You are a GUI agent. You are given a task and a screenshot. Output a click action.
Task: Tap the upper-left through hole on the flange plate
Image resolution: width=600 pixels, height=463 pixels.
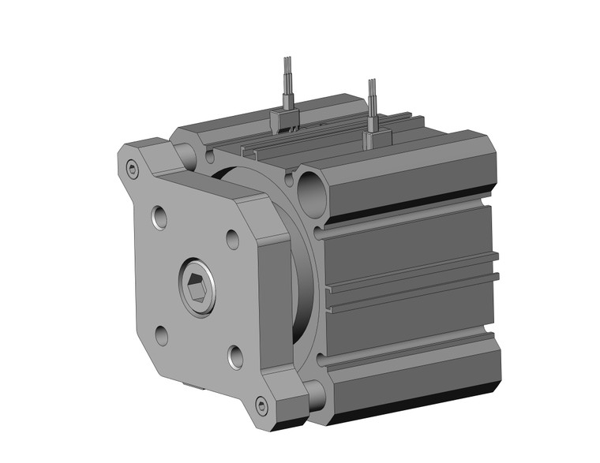160,215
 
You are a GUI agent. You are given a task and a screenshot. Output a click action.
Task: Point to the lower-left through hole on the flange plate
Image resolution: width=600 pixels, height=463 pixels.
162,334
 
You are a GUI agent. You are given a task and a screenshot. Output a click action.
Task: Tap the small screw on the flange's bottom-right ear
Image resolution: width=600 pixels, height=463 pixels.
262,406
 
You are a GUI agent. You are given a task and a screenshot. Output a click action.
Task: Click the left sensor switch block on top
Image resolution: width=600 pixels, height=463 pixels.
286,120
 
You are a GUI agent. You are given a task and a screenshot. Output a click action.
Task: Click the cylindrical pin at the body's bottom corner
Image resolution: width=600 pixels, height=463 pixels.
315,393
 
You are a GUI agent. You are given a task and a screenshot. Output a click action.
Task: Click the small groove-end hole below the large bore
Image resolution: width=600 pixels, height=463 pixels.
319,234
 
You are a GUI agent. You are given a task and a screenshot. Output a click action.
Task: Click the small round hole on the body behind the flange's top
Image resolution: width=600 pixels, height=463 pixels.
211,157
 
